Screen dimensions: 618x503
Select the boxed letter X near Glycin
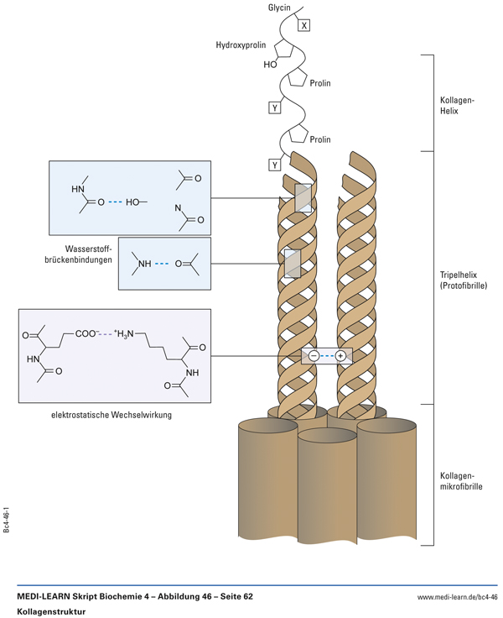click(x=304, y=26)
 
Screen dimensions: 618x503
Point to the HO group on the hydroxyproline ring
click(x=270, y=64)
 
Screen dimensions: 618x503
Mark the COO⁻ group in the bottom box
click(x=87, y=333)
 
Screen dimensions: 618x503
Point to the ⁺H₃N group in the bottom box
click(x=120, y=334)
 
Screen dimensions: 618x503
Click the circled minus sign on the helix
click(x=313, y=356)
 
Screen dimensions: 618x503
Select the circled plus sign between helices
click(x=340, y=356)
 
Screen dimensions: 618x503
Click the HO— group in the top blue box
click(x=137, y=202)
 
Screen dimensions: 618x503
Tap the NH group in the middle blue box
click(x=144, y=264)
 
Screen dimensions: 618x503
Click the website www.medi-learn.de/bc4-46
click(x=457, y=597)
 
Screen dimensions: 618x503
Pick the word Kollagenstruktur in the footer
click(x=51, y=611)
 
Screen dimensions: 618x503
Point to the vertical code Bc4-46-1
click(x=7, y=520)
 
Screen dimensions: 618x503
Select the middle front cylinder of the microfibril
click(x=327, y=495)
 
